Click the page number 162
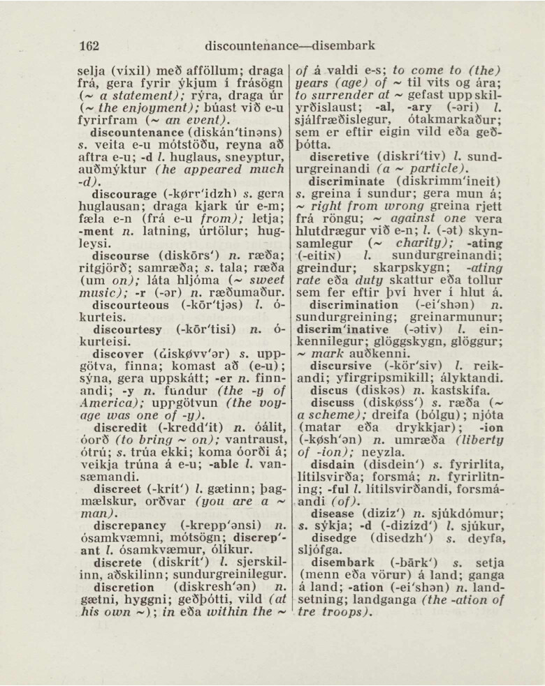pos(89,45)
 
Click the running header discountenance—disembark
pos(290,45)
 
